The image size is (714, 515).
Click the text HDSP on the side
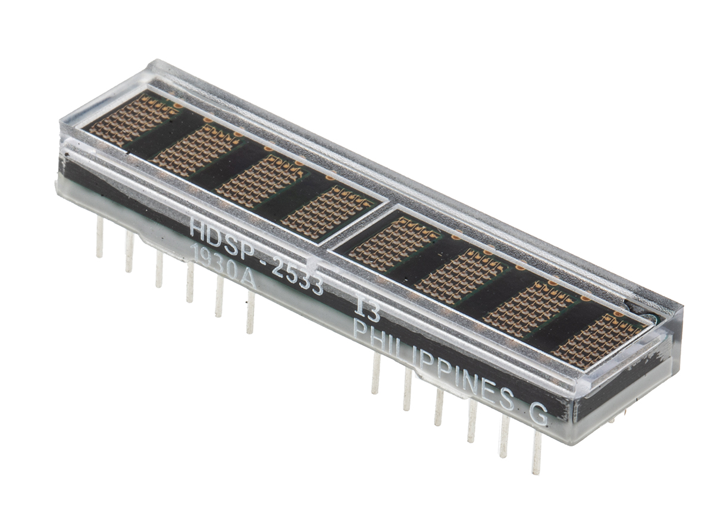tap(226, 240)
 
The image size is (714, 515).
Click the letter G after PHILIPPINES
tap(538, 414)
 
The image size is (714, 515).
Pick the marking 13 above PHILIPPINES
tap(368, 311)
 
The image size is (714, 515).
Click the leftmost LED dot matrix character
tap(133, 120)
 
